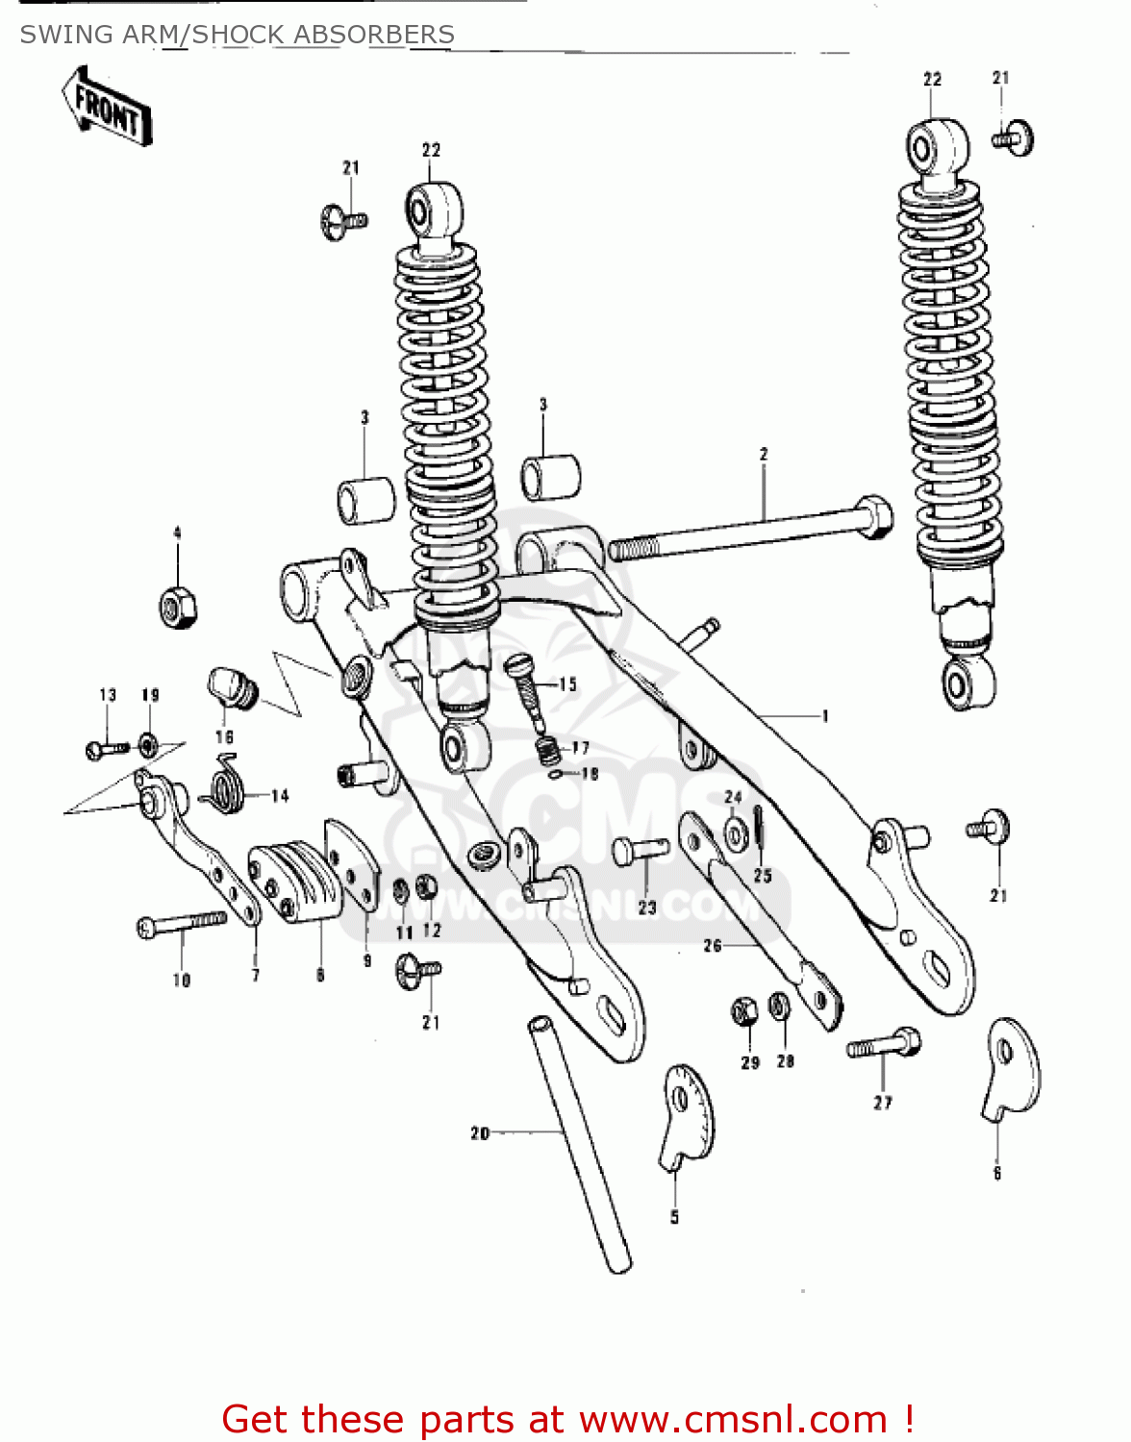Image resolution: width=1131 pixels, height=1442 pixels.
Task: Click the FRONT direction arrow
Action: point(107,106)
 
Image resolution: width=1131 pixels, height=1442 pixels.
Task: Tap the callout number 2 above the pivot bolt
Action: point(764,454)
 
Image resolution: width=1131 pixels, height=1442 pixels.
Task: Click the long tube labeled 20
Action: point(579,1144)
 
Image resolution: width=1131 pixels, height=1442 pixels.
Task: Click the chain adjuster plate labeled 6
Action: point(1013,1067)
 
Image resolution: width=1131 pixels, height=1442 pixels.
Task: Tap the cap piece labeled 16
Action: point(232,687)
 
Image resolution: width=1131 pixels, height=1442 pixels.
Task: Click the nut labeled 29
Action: point(744,1011)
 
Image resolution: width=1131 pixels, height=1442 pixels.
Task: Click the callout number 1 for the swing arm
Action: point(824,715)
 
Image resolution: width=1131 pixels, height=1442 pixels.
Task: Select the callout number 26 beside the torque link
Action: point(712,946)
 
